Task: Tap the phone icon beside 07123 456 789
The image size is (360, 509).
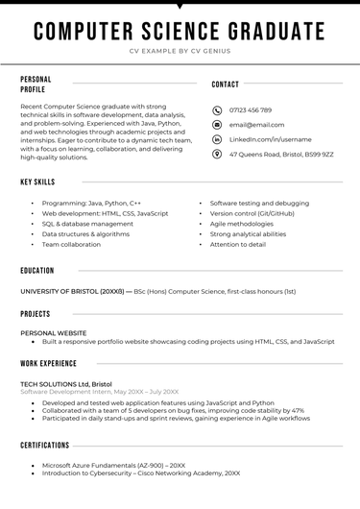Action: pyautogui.click(x=217, y=110)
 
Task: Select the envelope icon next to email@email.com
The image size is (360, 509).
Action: pyautogui.click(x=217, y=125)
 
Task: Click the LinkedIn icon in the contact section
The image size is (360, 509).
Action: pyautogui.click(x=217, y=139)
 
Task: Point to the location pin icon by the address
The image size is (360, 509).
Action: pyautogui.click(x=217, y=154)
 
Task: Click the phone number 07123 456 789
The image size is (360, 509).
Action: pyautogui.click(x=250, y=110)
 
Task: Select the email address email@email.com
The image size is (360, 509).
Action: pyautogui.click(x=256, y=125)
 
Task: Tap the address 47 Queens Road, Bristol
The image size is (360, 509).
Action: pyautogui.click(x=281, y=154)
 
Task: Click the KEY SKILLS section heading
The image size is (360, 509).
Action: pyautogui.click(x=37, y=182)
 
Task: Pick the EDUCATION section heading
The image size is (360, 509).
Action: pyautogui.click(x=37, y=271)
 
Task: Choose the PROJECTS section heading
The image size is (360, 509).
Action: pyautogui.click(x=36, y=314)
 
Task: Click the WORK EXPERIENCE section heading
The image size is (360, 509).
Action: pyautogui.click(x=49, y=364)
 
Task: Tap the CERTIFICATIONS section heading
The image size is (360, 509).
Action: pyautogui.click(x=45, y=446)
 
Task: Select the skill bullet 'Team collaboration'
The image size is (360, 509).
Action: pyautogui.click(x=71, y=244)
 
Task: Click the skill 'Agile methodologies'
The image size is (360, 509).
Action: pyautogui.click(x=242, y=224)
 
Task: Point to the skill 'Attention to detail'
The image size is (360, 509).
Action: pyautogui.click(x=238, y=244)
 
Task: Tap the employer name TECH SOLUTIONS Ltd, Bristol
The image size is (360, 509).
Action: pyautogui.click(x=66, y=383)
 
